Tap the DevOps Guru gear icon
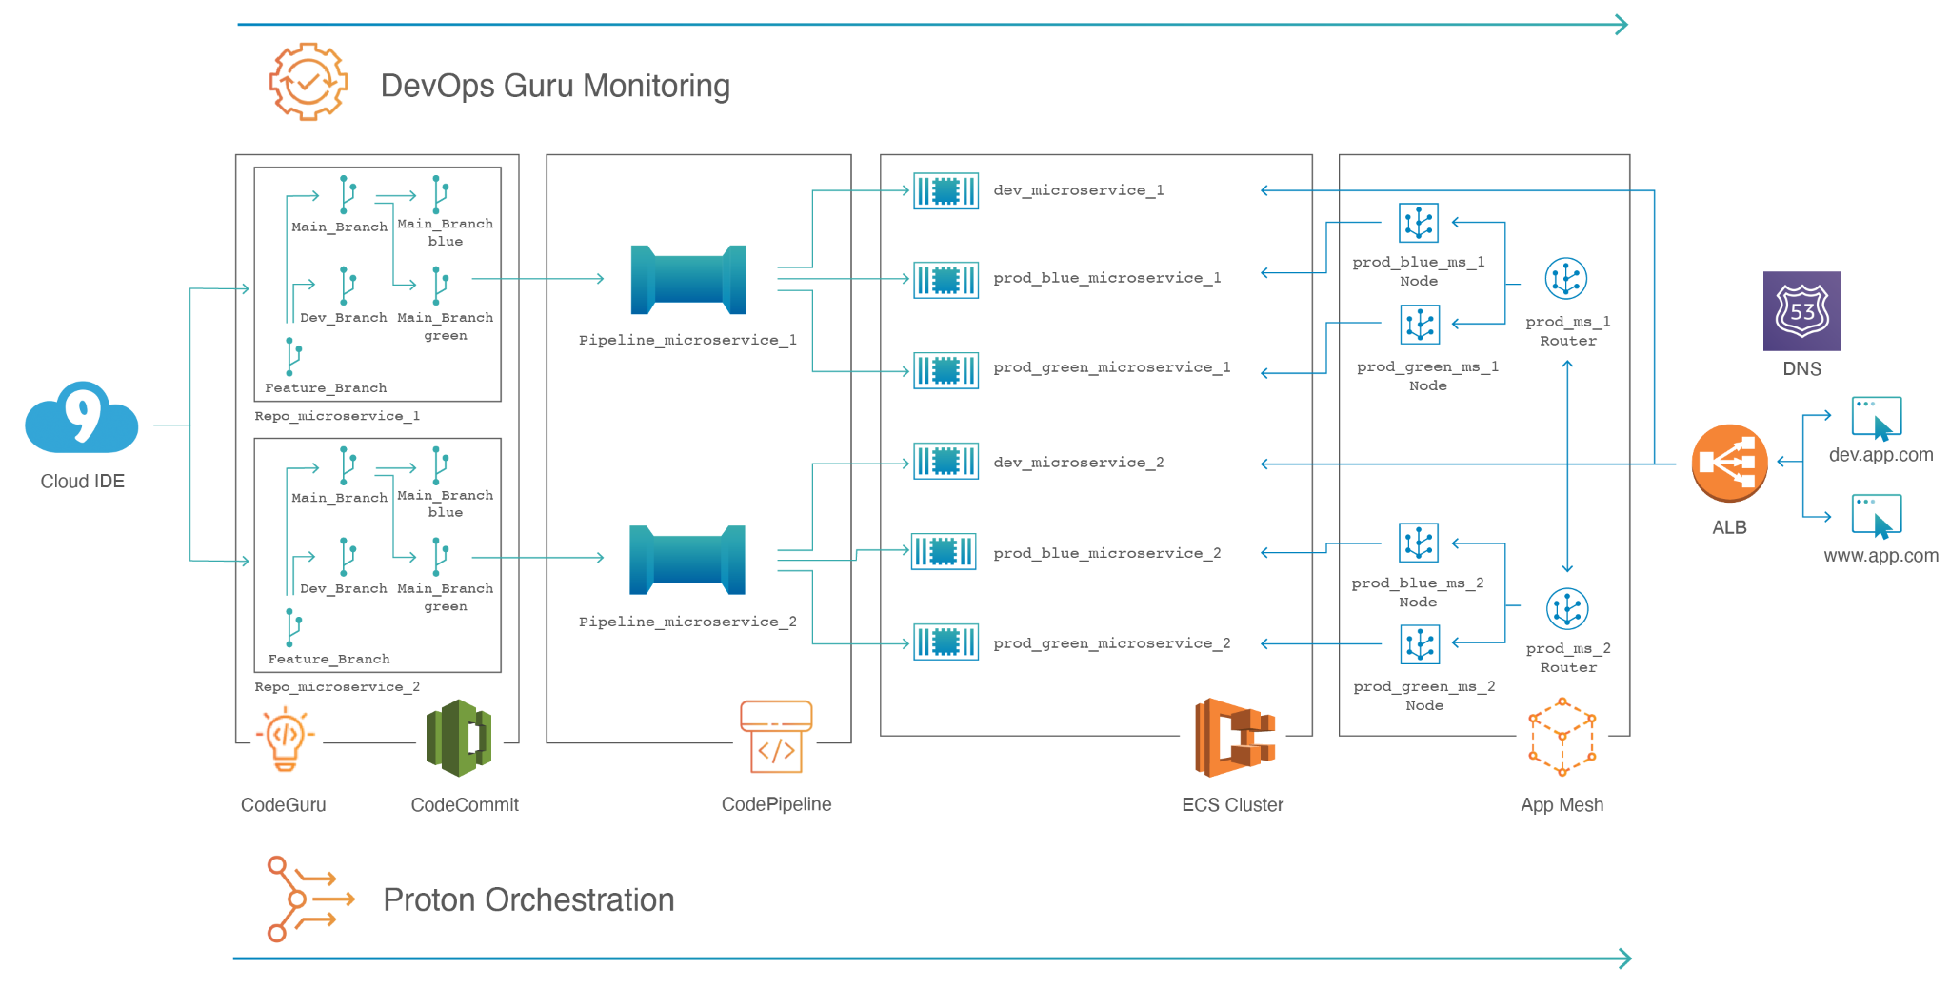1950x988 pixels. [308, 82]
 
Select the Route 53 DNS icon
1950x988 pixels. [1801, 311]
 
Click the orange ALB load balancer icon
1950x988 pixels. [1729, 463]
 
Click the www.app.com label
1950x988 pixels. [1880, 556]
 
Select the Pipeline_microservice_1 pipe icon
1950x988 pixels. [688, 280]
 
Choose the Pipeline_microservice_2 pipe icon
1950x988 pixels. [687, 560]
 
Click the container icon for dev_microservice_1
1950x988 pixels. [945, 190]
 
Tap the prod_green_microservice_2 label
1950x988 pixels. [1111, 643]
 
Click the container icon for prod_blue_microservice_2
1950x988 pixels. [944, 551]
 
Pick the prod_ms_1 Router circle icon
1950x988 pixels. [1565, 278]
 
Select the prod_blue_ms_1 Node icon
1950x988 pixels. [1418, 223]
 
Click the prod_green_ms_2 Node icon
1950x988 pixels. [1419, 644]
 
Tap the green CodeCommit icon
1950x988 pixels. [459, 738]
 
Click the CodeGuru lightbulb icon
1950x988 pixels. [285, 739]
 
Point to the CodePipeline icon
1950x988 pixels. [776, 737]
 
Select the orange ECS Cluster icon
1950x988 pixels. [1234, 738]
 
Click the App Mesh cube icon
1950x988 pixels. [1562, 738]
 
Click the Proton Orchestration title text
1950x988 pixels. [528, 900]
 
